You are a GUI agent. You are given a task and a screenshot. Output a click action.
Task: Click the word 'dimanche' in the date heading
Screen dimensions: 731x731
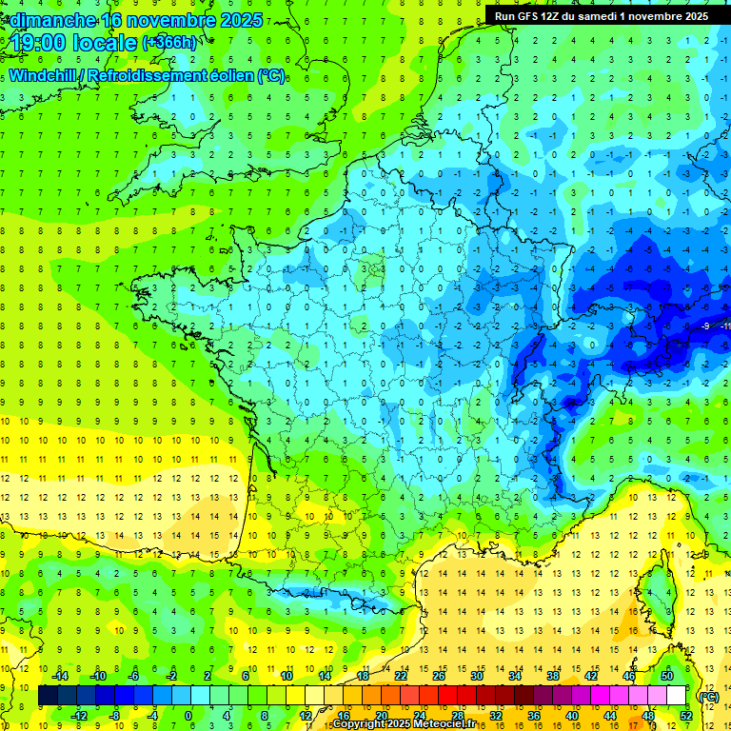pyautogui.click(x=48, y=19)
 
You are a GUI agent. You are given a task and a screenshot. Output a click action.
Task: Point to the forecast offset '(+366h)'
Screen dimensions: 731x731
pyautogui.click(x=171, y=42)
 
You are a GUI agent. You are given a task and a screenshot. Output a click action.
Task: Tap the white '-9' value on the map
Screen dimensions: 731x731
pyautogui.click(x=705, y=326)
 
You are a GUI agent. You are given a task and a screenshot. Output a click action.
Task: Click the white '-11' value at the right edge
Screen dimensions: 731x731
pyautogui.click(x=725, y=326)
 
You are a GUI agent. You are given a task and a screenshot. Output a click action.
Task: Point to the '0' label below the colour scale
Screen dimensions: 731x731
pyautogui.click(x=188, y=716)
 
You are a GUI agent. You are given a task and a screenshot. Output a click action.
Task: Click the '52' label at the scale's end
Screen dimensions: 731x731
pyautogui.click(x=686, y=716)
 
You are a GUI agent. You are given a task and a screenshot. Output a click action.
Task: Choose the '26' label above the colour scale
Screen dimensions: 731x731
pyautogui.click(x=439, y=676)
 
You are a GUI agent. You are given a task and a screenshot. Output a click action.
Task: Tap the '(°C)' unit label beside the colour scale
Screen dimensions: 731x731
pyautogui.click(x=708, y=697)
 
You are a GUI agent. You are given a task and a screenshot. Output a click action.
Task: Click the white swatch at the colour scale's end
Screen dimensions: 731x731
pyautogui.click(x=677, y=696)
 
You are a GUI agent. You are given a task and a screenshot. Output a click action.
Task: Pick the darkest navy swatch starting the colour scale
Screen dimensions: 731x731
pyautogui.click(x=49, y=696)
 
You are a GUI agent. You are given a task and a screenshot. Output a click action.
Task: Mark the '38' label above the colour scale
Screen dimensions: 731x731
pyautogui.click(x=553, y=676)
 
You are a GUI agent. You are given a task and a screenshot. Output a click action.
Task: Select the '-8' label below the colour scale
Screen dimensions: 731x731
pyautogui.click(x=115, y=716)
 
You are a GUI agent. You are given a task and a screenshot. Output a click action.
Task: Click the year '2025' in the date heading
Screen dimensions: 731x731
pyautogui.click(x=242, y=19)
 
